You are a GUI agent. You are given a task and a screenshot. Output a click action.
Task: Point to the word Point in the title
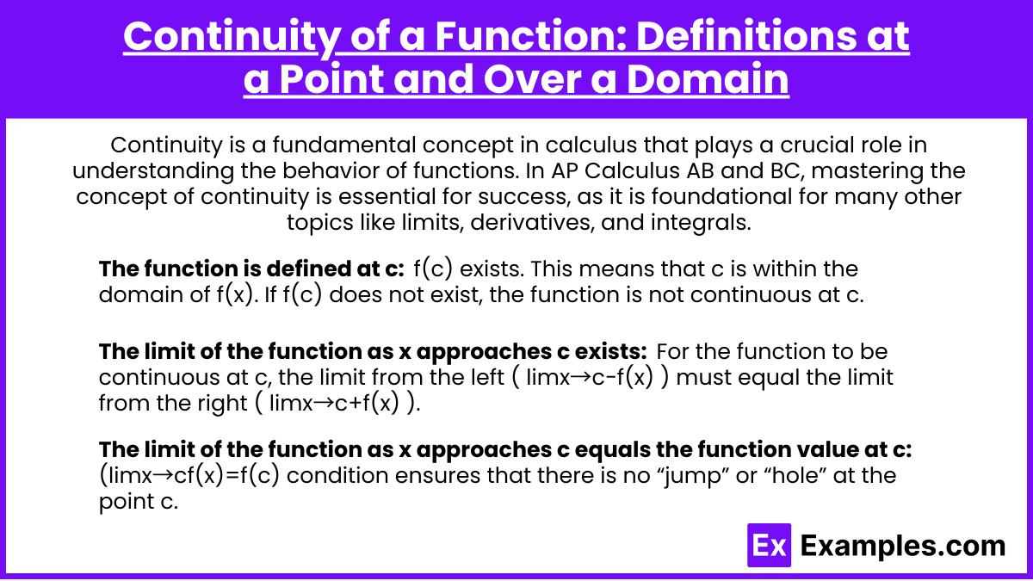(x=331, y=78)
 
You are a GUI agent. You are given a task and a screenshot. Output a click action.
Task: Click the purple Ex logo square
(x=769, y=545)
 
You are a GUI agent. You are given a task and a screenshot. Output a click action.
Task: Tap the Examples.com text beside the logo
(x=903, y=546)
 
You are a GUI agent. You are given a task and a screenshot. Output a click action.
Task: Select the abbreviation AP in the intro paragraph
(x=565, y=170)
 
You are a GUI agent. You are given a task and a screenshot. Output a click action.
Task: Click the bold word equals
(x=609, y=450)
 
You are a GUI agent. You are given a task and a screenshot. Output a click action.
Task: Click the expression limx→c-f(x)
(x=590, y=378)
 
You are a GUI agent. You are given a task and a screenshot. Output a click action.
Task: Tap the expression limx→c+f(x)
(x=333, y=404)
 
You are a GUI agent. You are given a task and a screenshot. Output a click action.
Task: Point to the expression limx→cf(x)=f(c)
(x=189, y=475)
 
